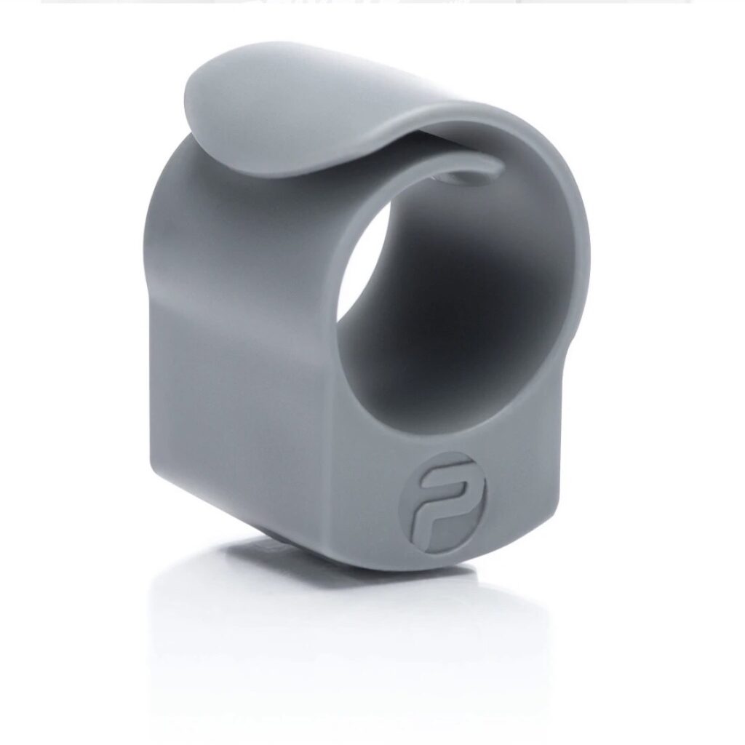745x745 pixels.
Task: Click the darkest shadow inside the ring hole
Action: tap(466, 291)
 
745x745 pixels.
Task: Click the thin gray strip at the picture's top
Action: tap(364, 1)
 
